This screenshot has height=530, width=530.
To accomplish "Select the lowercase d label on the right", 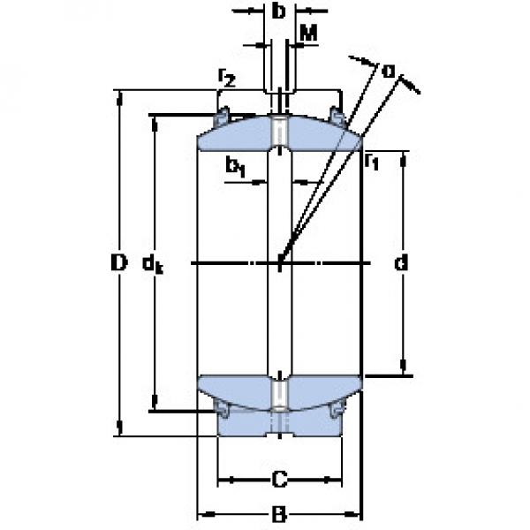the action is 403,263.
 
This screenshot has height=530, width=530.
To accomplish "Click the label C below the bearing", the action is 278,481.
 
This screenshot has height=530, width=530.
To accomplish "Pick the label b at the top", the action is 279,12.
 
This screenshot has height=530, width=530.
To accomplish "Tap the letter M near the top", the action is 308,34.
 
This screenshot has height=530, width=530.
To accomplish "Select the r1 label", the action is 372,161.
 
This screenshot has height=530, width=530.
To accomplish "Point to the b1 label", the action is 235,165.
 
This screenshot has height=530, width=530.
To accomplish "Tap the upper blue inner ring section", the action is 238,134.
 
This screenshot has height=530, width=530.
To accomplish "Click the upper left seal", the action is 223,116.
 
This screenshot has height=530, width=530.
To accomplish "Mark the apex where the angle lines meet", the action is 280,261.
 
